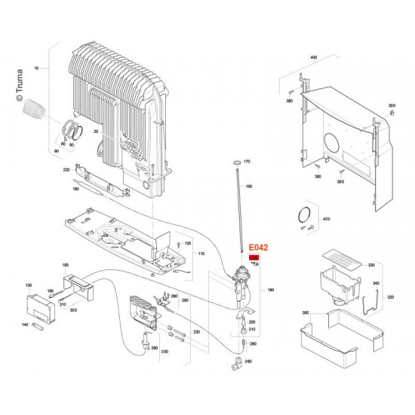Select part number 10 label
[35, 69]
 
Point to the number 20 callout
[96, 131]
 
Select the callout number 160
[249, 186]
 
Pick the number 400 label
[314, 57]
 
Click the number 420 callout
[326, 219]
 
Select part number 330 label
[370, 266]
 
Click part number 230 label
[196, 332]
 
